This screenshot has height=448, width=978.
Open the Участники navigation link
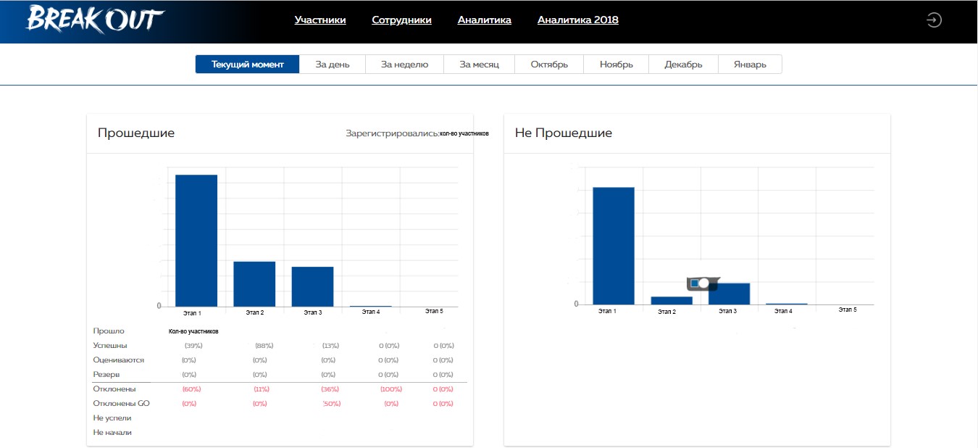pyautogui.click(x=320, y=20)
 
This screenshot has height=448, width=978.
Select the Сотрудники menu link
pyautogui.click(x=401, y=20)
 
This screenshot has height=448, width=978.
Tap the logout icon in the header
pyautogui.click(x=934, y=20)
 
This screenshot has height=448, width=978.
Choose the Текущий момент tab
pyautogui.click(x=247, y=65)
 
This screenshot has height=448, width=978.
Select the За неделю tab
pyautogui.click(x=404, y=65)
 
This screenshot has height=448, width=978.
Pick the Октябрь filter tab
pyautogui.click(x=548, y=65)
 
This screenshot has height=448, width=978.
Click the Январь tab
pyautogui.click(x=749, y=65)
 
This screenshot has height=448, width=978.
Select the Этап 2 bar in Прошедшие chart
pyautogui.click(x=254, y=283)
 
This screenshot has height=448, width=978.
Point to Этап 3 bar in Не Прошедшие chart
pyautogui.click(x=729, y=294)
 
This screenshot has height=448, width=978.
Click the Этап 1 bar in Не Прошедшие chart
pyautogui.click(x=614, y=246)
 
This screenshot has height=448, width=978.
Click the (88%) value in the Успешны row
pyautogui.click(x=264, y=346)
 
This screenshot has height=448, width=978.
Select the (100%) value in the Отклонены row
pyautogui.click(x=390, y=389)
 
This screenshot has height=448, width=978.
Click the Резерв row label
pyautogui.click(x=106, y=375)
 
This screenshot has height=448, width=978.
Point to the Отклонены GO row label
pyautogui.click(x=121, y=404)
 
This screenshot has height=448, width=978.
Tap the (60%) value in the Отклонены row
pyautogui.click(x=191, y=389)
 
